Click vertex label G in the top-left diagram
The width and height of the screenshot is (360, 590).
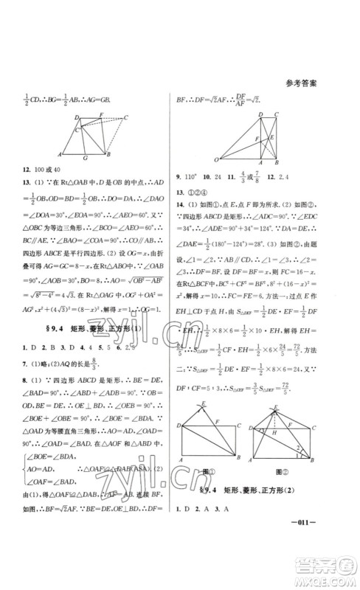[x=87, y=157]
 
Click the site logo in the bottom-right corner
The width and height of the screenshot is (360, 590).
[x=333, y=566]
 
